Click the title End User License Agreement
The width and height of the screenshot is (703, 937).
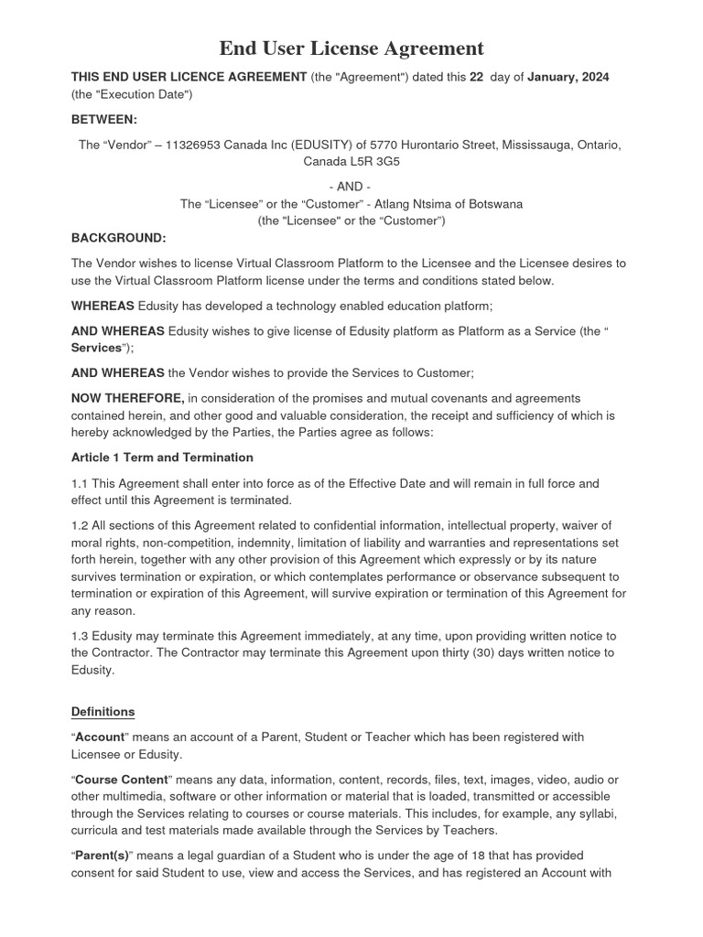(x=351, y=48)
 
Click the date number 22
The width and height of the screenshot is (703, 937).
(x=477, y=78)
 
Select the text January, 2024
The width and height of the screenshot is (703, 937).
(x=568, y=78)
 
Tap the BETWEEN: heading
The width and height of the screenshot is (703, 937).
(x=103, y=119)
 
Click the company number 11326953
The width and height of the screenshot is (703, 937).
(x=197, y=145)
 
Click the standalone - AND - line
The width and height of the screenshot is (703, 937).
(x=351, y=187)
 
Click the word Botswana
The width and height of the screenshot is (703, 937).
(x=494, y=204)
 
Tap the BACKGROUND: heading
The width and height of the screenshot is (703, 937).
(x=118, y=238)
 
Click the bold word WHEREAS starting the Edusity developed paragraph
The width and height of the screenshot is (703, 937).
(x=103, y=306)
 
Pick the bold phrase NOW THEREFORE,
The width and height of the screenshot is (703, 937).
(x=128, y=398)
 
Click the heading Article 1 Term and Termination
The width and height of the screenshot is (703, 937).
(x=162, y=458)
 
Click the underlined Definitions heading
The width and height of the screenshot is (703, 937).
(x=103, y=712)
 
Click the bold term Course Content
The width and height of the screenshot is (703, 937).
(x=122, y=780)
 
